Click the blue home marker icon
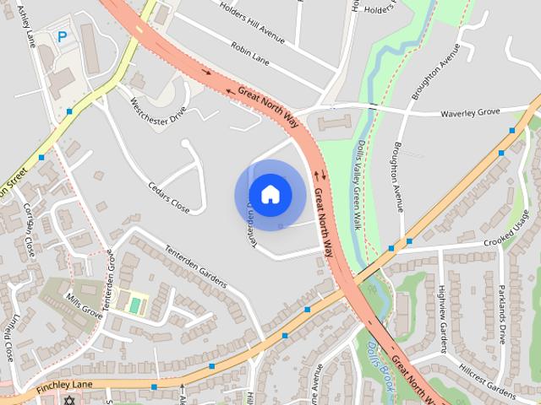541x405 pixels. [x=270, y=194]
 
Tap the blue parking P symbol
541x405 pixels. [x=62, y=37]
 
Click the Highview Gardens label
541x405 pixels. [x=442, y=312]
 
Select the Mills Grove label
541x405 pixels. [x=85, y=305]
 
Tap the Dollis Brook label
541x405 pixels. [x=378, y=353]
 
